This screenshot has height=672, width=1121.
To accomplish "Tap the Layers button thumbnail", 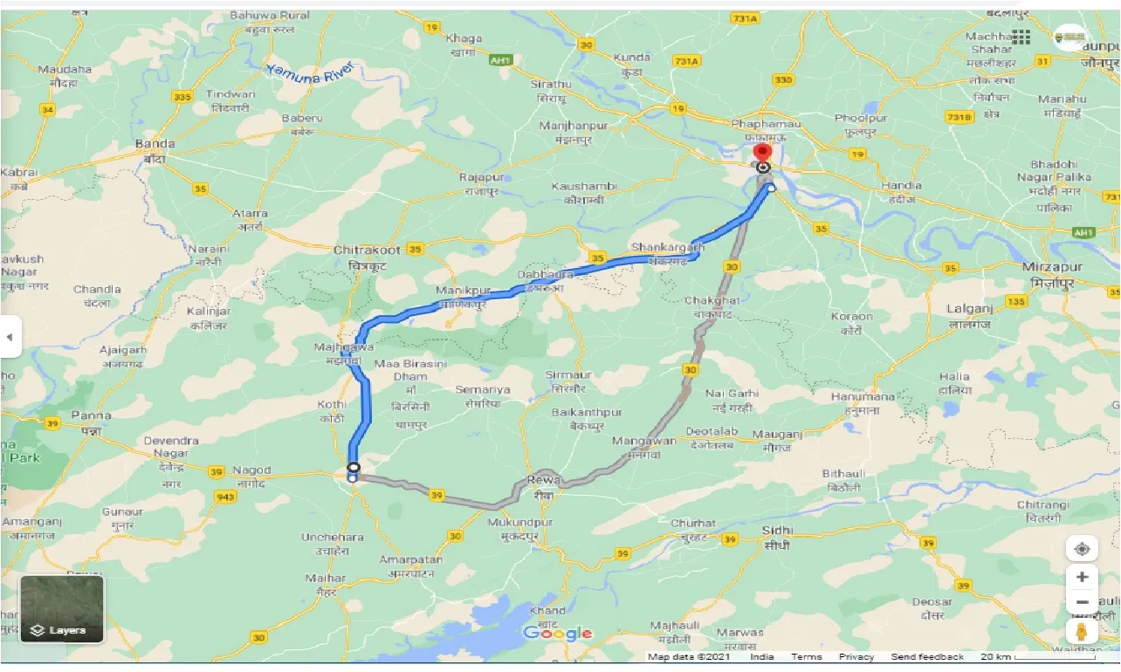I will pos(62,608).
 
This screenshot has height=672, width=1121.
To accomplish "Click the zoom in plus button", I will pos(1082,577).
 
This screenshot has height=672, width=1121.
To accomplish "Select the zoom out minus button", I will pos(1082,602).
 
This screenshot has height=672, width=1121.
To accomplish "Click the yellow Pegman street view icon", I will pos(1082,631).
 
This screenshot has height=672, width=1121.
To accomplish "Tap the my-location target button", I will pos(1082,549).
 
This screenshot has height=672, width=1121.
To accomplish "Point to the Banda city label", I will pos(155,144).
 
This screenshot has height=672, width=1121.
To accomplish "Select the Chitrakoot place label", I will pos(367,250).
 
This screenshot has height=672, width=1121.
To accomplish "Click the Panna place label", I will pos(91,415).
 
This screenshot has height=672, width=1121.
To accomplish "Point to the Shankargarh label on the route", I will pos(667,248).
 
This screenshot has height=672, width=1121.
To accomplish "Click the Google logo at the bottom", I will pos(558,634).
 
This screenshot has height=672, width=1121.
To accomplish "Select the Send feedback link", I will pos(927,657).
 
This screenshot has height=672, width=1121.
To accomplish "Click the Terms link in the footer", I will pos(806,657).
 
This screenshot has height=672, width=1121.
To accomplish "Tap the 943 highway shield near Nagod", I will pos(225,497).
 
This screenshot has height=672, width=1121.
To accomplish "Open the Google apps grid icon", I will pos(1021,37).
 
